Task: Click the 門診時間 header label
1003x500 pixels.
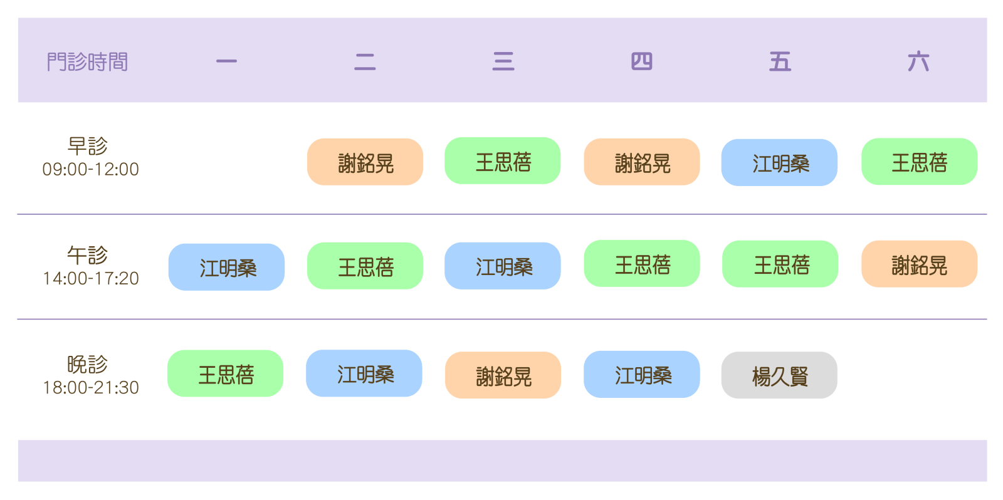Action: coord(87,62)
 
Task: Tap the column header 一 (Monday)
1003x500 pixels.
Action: coord(226,61)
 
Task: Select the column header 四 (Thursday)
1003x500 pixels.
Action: coord(642,61)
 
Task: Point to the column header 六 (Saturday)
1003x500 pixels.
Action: coord(918,61)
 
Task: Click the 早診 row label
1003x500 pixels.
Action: coord(88,146)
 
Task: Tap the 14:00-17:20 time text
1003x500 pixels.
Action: coord(90,278)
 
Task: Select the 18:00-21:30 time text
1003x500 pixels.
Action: coord(90,387)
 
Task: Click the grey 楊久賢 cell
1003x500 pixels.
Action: coord(779,375)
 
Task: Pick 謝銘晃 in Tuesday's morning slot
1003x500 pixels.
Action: coord(365,162)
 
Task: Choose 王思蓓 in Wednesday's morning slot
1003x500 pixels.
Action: coord(503,160)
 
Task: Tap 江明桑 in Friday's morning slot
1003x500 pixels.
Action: coord(779,162)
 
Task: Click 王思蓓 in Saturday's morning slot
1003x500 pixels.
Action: coord(919,162)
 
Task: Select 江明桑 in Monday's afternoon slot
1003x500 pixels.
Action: coord(226,267)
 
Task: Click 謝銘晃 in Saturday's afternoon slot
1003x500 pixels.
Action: coord(919,264)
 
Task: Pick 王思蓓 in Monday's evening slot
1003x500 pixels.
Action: coord(225,373)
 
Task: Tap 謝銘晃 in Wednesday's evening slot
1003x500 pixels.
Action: coord(503,375)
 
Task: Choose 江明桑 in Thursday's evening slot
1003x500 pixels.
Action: coord(642,374)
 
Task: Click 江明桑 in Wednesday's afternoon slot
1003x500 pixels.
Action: coord(503,266)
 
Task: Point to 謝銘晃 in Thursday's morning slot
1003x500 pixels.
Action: coord(642,162)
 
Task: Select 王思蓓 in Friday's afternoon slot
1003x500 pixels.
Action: coord(780,264)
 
